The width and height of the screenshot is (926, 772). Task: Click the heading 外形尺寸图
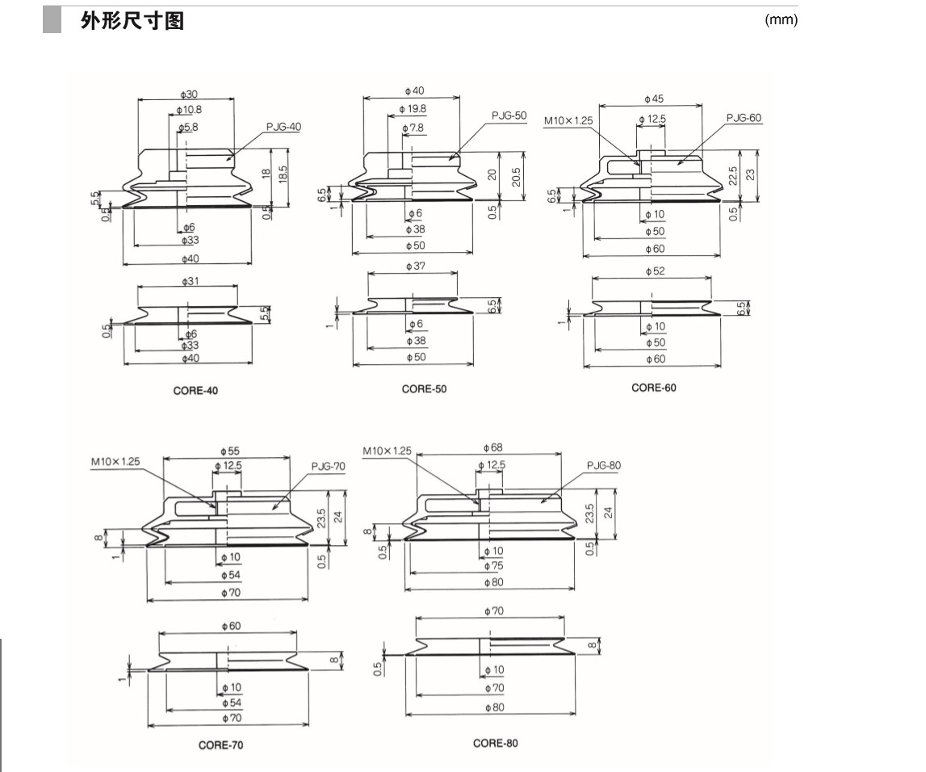(x=132, y=21)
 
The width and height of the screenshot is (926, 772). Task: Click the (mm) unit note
(x=781, y=20)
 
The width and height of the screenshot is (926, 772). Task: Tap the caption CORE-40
(x=195, y=390)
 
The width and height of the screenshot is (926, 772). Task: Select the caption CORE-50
(x=424, y=389)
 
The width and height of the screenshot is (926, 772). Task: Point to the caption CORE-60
(x=654, y=388)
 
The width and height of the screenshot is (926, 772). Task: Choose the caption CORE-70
(x=220, y=745)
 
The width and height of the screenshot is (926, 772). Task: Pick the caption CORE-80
(x=496, y=743)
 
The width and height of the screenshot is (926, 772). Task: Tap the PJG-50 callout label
(x=509, y=115)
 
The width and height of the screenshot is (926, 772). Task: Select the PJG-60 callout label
(x=743, y=118)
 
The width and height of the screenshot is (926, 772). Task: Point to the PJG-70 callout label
(x=328, y=467)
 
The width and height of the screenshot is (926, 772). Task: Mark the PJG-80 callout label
(x=603, y=465)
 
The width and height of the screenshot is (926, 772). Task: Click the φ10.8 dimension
(x=189, y=109)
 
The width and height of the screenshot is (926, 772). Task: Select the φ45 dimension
(x=654, y=99)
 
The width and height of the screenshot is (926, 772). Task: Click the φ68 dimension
(x=492, y=447)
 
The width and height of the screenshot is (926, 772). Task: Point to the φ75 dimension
(x=493, y=567)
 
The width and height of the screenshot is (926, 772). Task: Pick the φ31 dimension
(x=189, y=280)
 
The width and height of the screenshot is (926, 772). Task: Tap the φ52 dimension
(x=654, y=271)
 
